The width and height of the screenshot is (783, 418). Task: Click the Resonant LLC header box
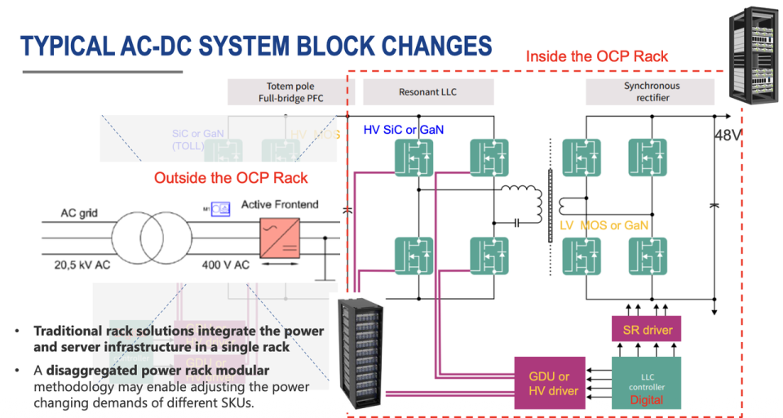point(427,92)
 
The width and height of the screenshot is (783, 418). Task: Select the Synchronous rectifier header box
point(652,92)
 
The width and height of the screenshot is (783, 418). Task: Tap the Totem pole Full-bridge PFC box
point(290,92)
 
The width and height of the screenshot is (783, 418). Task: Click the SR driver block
point(647,330)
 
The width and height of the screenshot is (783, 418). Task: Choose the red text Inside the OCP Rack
point(597,56)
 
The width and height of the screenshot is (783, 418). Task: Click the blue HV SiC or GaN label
point(403,130)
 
